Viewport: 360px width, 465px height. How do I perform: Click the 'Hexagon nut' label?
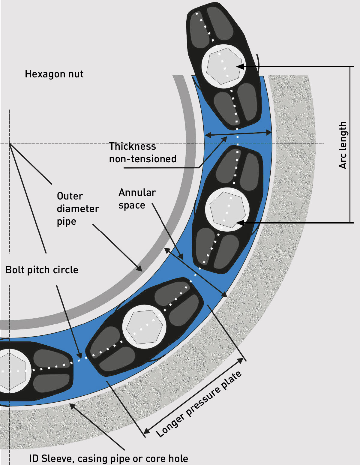coord(54,74)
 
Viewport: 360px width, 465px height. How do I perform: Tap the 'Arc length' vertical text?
coord(343,145)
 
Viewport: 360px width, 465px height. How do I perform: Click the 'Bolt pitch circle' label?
coord(42,270)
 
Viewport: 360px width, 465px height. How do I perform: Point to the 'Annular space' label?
coord(137,199)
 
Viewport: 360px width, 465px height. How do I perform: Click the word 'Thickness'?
coord(132,146)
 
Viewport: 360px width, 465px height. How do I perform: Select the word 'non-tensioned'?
coord(142,159)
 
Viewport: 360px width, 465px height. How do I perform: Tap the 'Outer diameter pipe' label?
coord(78,209)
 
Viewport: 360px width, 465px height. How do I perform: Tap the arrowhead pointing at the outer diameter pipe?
coord(139,268)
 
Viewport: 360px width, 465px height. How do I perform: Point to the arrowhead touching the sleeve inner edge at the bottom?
coord(72,406)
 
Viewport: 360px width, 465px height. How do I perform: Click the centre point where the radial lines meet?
coord(9,143)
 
